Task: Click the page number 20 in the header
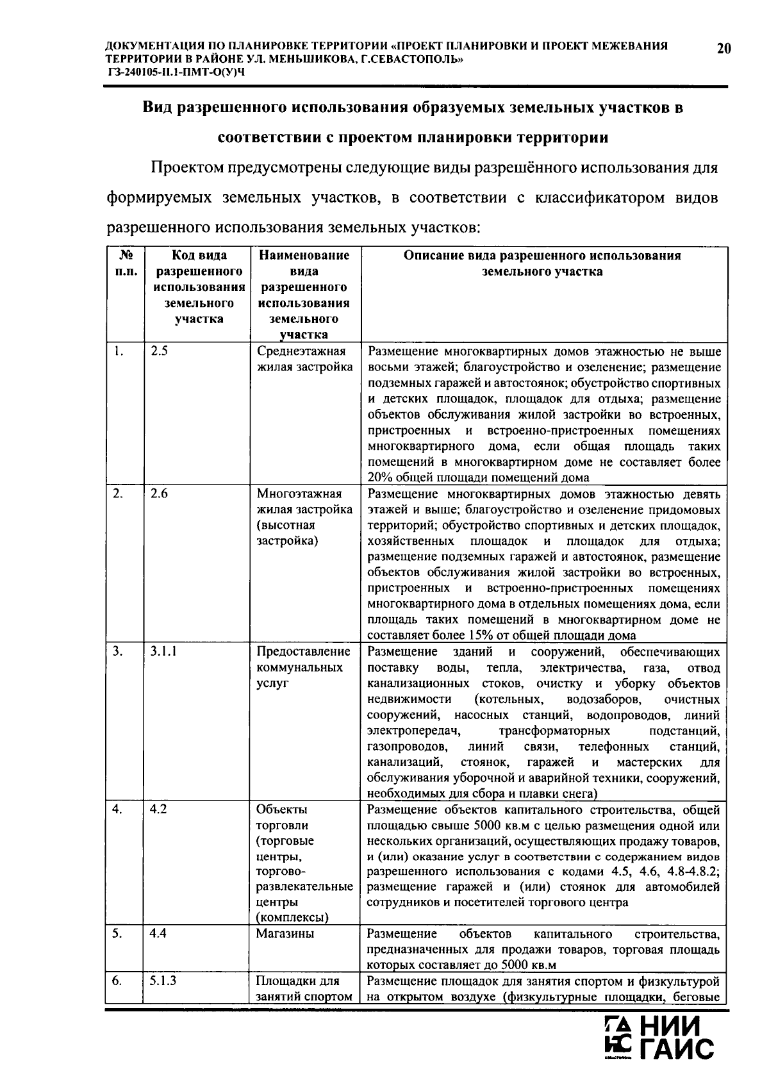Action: pos(724,49)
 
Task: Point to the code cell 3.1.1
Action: pos(163,652)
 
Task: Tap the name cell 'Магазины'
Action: pos(285,934)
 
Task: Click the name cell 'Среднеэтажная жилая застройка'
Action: pos(304,360)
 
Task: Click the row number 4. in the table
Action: pos(117,809)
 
